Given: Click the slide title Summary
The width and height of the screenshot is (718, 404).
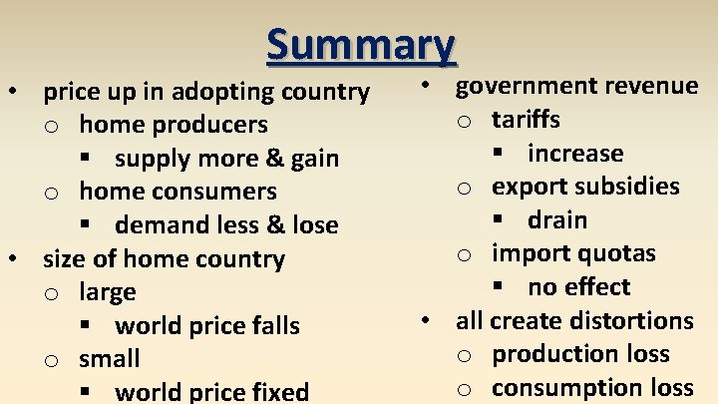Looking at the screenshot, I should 360,44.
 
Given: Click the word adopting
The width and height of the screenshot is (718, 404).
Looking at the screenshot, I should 229,92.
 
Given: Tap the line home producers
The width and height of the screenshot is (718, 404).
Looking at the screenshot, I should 174,125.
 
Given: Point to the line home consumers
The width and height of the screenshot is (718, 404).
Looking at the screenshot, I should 178,192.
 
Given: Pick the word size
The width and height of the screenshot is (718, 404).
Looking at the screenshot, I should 64,259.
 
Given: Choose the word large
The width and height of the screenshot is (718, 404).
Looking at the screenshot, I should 108,293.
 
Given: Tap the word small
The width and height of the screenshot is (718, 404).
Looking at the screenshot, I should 110,359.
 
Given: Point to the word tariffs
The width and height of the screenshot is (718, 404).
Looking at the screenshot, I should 526,120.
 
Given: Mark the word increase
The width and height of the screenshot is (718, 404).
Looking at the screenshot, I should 575,154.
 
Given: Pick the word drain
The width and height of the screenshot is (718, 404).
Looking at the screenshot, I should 557,220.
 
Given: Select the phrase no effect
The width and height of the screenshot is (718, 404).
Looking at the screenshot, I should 579,287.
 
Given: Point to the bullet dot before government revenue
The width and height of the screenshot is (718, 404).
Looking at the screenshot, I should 425,87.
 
